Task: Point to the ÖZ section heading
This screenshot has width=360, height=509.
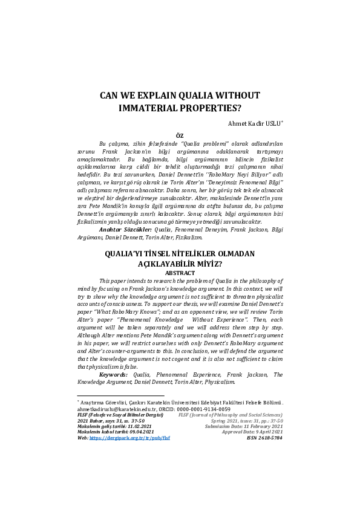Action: [180, 137]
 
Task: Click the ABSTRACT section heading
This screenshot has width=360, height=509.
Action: [179, 273]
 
